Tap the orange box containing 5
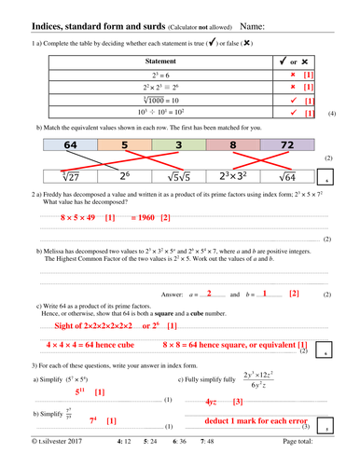click(123, 145)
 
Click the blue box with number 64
click(70, 145)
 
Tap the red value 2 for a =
click(210, 293)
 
